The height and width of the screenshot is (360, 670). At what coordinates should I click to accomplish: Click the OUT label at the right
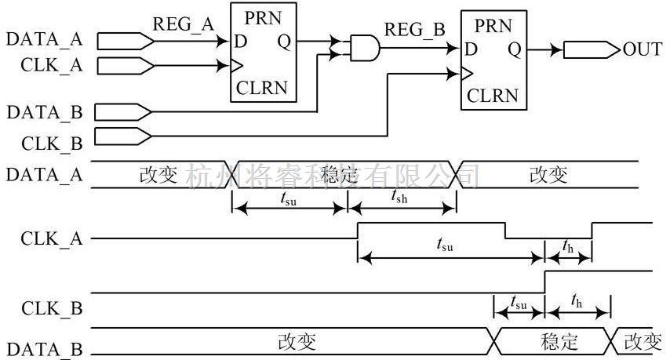[643, 49]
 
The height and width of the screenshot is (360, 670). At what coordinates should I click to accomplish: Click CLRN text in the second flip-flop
[493, 96]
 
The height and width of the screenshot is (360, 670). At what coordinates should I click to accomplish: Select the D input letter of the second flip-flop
[472, 49]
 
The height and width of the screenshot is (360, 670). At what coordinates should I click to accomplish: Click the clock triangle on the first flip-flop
[235, 64]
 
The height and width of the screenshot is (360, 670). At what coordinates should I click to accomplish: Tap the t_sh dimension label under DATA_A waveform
[399, 198]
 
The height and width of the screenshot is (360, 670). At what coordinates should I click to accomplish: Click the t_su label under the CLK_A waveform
[444, 244]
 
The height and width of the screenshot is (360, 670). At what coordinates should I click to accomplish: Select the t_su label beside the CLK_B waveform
[518, 301]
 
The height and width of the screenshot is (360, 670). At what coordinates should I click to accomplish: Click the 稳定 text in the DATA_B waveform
[559, 342]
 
